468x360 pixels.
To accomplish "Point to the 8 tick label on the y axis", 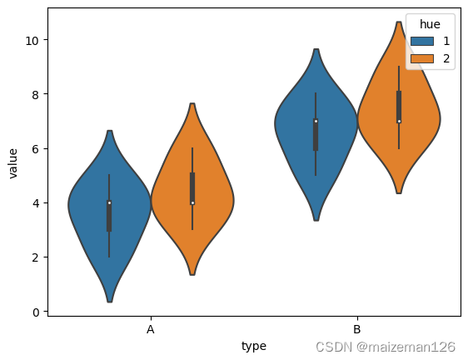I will coord(35,94).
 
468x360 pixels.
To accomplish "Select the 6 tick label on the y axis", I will coord(35,148).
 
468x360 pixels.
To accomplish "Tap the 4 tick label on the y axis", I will coord(35,202).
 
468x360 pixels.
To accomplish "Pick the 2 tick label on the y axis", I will coord(35,257).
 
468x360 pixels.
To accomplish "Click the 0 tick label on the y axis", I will coord(35,312).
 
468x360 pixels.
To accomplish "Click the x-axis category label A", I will coord(151,330).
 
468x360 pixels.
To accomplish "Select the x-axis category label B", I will coord(357,330).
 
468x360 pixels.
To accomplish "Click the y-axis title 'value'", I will coord(13,162).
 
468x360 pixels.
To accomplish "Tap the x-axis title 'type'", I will coord(254,346).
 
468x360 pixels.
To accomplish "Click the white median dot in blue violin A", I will coord(109,202).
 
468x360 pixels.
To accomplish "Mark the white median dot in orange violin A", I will coord(192,202).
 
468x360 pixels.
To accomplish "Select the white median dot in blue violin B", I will coord(316,122).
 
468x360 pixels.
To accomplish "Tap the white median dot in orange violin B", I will coord(399,122).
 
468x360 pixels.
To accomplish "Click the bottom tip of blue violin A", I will coord(109,301).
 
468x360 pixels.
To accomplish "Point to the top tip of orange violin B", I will coord(399,22).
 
